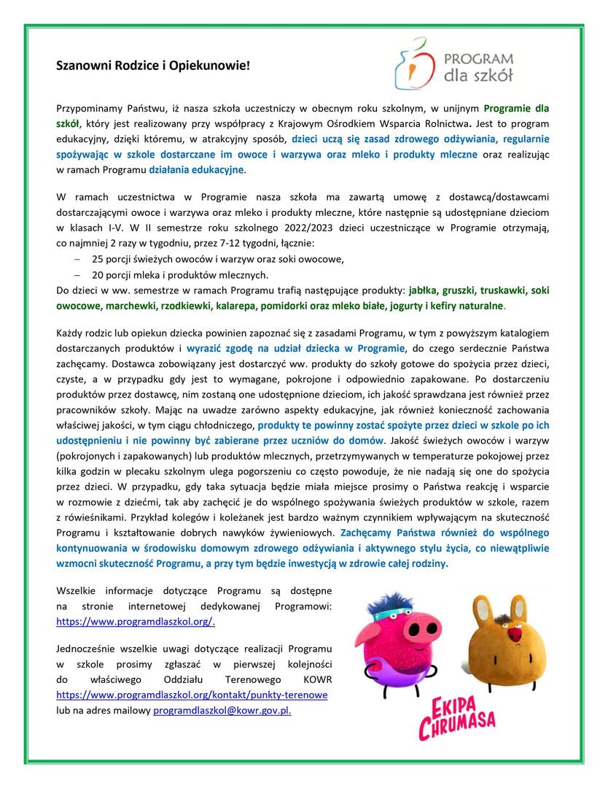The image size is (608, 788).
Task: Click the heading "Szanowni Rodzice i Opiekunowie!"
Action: [153, 66]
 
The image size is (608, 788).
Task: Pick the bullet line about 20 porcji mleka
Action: [170, 274]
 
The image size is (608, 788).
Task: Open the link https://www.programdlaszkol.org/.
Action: [136, 621]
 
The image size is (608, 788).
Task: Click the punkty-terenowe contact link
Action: [192, 695]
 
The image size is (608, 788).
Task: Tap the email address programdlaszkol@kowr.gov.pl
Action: [222, 710]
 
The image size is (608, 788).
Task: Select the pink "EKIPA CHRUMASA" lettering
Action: [456, 719]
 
